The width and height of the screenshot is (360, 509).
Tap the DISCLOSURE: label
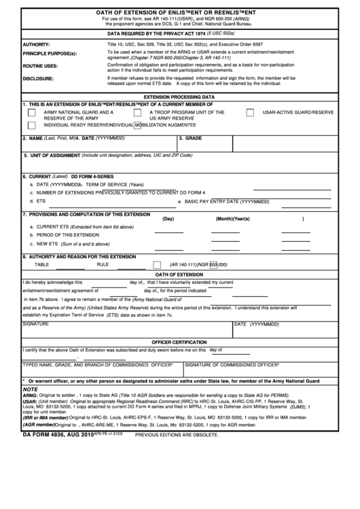(x=39, y=78)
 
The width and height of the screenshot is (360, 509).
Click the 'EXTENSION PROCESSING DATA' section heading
(x=180, y=97)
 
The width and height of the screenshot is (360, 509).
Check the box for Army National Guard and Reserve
(x=31, y=112)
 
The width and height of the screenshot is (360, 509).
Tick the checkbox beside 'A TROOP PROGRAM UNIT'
(x=137, y=112)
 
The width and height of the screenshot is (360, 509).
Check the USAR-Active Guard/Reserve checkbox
(x=250, y=112)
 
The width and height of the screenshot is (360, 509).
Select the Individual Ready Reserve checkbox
(x=31, y=126)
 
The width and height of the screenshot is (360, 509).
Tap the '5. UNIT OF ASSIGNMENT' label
(x=52, y=155)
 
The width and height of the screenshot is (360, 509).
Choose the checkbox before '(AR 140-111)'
(x=158, y=264)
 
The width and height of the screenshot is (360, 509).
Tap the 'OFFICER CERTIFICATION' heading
(x=180, y=341)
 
